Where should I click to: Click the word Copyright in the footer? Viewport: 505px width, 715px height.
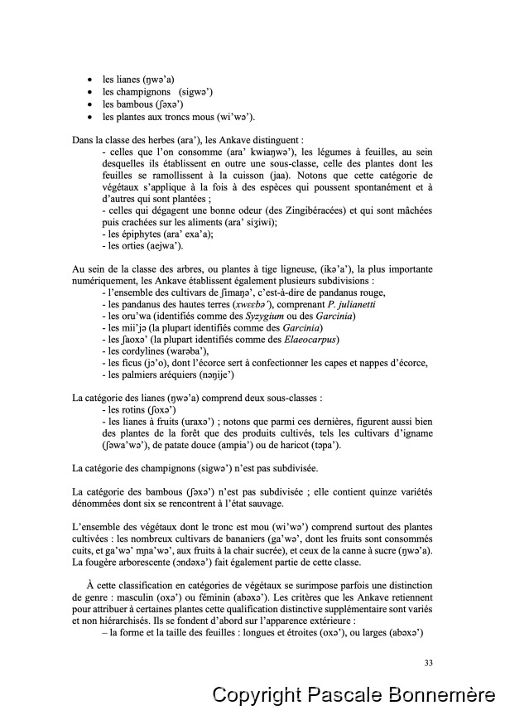[x=253, y=694]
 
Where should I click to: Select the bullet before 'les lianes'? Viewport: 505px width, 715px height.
[x=90, y=78]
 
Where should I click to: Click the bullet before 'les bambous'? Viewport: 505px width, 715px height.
[x=90, y=104]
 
